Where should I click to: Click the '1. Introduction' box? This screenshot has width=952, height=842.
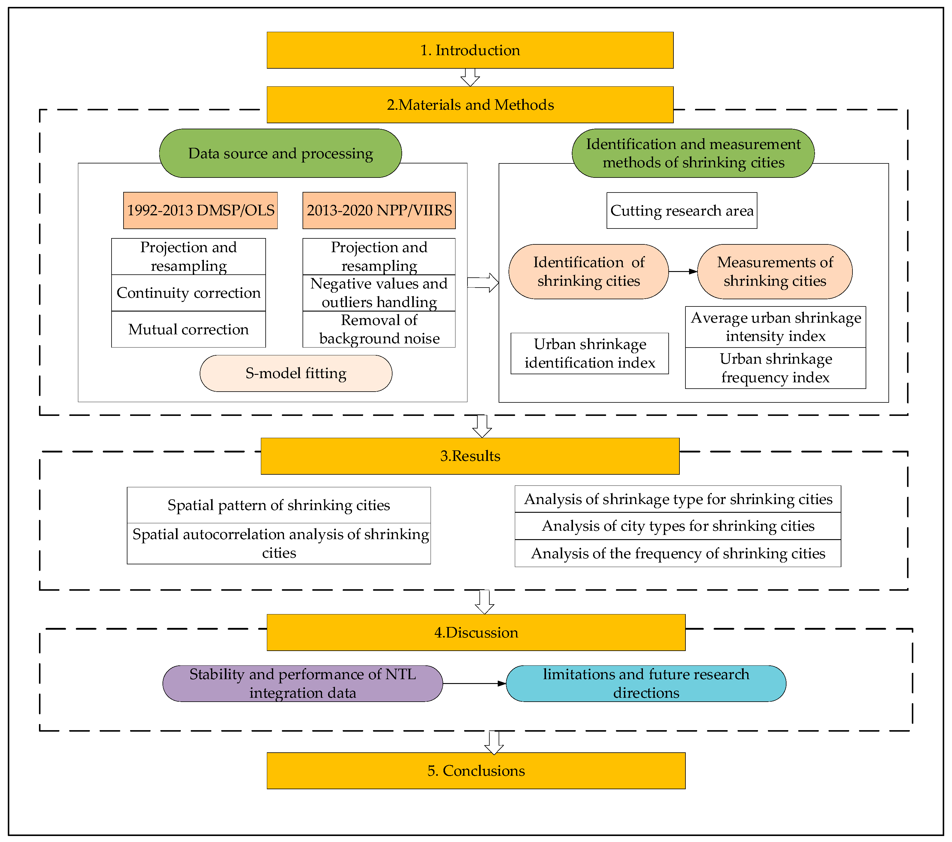(x=470, y=50)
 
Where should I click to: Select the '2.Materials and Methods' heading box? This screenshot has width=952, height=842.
(x=470, y=105)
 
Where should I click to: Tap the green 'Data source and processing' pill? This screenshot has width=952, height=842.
(x=280, y=153)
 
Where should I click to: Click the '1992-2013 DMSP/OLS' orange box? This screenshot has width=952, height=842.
(x=200, y=210)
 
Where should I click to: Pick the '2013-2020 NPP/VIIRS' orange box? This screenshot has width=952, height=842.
(x=379, y=210)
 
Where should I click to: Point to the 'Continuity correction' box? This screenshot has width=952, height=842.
(x=189, y=293)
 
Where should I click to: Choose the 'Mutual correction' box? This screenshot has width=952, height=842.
(x=189, y=329)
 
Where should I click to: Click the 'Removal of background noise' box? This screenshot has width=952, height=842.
(x=379, y=329)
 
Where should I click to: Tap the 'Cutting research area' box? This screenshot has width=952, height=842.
(x=682, y=210)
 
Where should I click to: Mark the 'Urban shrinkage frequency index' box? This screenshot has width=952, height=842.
(x=775, y=368)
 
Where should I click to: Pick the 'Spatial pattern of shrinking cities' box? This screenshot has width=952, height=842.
(x=279, y=505)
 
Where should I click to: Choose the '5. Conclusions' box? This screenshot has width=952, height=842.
(x=476, y=771)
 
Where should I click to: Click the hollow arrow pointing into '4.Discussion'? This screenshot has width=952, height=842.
(x=484, y=602)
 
